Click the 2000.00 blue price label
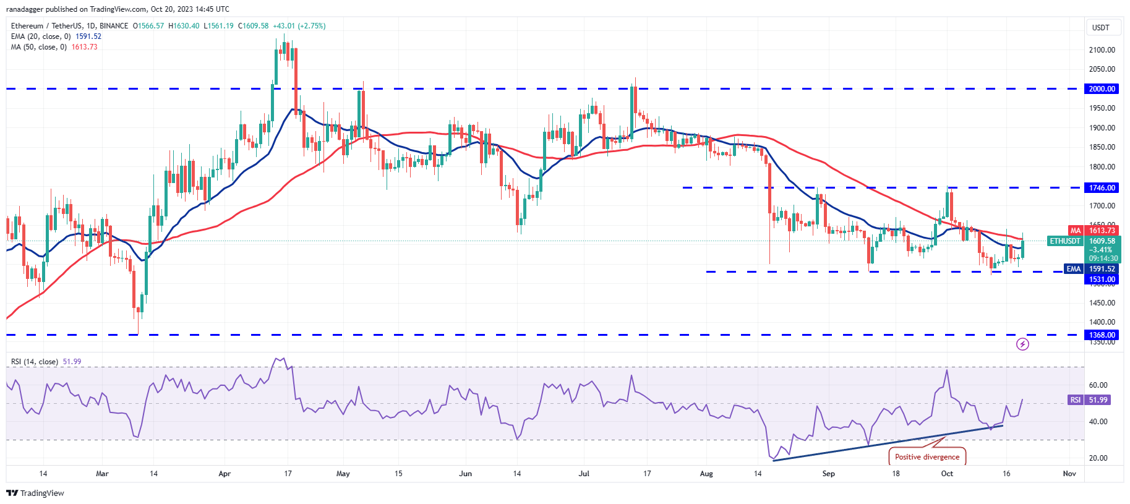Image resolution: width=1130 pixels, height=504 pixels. coord(1102,89)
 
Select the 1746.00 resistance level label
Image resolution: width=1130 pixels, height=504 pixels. coord(1102,188)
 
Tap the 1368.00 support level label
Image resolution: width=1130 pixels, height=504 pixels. coord(1102,335)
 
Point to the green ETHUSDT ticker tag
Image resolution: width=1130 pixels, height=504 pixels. coord(1065,241)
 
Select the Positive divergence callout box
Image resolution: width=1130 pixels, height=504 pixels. coord(927,457)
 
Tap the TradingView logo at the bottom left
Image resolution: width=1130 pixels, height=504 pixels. coord(35,493)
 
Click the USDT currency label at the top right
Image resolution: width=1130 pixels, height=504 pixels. coord(1100,28)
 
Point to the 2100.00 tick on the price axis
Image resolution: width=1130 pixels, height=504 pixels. coord(1102,50)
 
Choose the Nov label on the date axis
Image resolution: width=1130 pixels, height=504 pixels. coord(1069,474)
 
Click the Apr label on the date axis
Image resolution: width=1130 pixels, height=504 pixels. coord(225,474)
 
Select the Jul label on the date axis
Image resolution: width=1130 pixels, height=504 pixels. coord(583,474)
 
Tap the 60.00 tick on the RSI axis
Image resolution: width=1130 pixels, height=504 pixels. coord(1098,385)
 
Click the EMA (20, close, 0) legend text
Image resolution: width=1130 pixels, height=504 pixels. coord(41,36)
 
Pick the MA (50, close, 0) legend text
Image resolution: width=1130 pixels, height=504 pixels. coord(38,47)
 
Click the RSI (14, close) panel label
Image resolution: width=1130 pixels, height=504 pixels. coord(35,362)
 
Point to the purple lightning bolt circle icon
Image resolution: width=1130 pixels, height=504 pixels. coord(1022,344)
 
